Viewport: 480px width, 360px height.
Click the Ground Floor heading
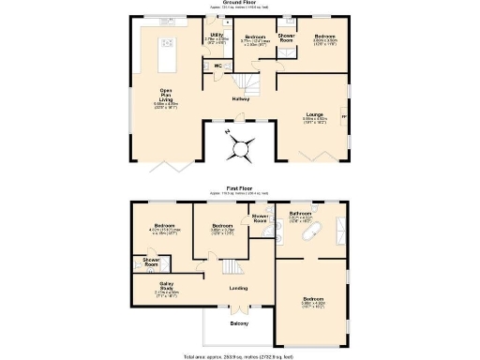click(241, 4)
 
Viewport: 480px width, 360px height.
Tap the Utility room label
click(217, 36)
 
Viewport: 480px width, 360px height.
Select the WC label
click(217, 66)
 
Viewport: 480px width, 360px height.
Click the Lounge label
click(315, 115)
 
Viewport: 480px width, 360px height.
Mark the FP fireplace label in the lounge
click(342, 117)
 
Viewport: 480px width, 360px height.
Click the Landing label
click(237, 287)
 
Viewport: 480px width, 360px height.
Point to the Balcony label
click(239, 323)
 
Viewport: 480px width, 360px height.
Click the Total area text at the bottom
click(239, 356)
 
